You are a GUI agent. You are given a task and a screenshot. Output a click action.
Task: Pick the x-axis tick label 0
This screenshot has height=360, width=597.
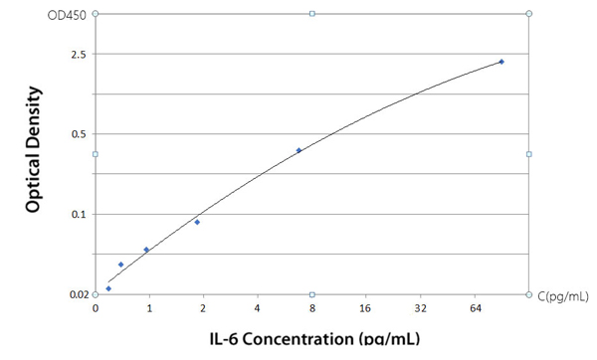tap(96, 309)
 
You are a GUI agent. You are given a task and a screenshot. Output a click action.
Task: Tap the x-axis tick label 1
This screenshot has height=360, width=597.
tap(149, 309)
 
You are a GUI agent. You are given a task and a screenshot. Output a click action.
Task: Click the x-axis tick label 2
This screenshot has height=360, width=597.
tap(203, 309)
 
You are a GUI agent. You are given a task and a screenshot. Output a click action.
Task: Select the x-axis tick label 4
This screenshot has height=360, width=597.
tap(258, 309)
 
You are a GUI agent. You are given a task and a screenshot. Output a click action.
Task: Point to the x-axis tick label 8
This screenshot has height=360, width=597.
tap(311, 309)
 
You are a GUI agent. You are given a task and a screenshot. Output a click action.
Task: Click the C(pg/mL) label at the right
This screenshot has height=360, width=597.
tap(563, 295)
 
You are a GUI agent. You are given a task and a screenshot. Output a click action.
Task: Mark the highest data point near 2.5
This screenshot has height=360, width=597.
tap(501, 62)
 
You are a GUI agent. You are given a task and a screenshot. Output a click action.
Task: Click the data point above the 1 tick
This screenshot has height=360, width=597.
tap(146, 250)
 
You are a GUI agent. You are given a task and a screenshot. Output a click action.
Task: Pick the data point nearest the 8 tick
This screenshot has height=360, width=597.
tap(299, 150)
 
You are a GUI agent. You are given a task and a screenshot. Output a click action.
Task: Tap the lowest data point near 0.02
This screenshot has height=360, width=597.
tap(108, 288)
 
